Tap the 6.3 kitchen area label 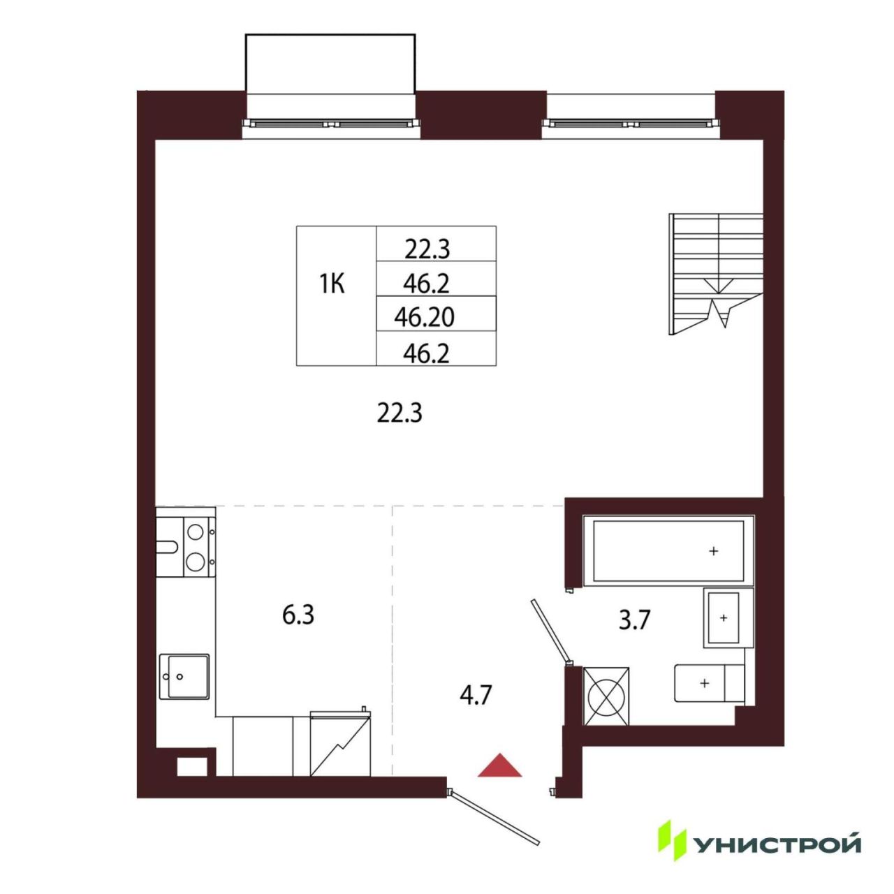tap(298, 615)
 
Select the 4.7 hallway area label tap(476, 696)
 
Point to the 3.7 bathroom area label tap(635, 620)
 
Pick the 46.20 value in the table tap(424, 318)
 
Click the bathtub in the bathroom tap(668, 550)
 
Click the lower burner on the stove tap(194, 562)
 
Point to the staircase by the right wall tap(716, 274)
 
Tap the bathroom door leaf tap(550, 631)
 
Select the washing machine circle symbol tap(605, 696)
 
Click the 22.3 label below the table tap(400, 413)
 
